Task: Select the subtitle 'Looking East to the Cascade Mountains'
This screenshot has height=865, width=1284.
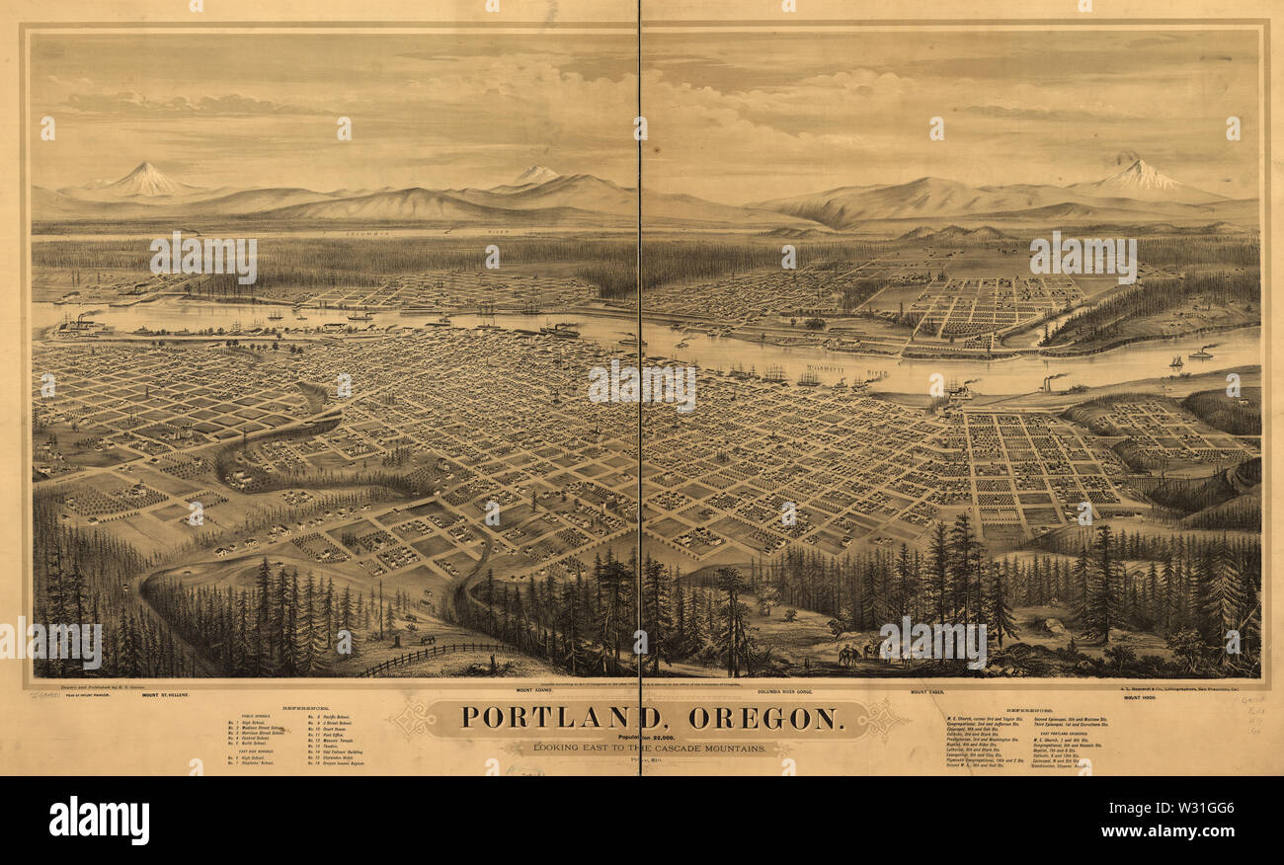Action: (x=650, y=748)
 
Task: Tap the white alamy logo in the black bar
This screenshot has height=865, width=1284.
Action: (x=99, y=821)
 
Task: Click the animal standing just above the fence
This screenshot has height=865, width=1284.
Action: (x=427, y=640)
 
